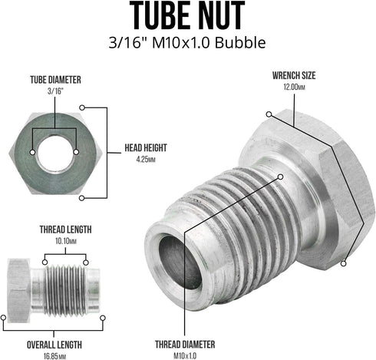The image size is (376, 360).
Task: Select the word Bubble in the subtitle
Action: point(240,42)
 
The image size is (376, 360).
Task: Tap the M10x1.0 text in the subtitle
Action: point(181,43)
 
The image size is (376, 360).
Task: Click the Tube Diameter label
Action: point(55,80)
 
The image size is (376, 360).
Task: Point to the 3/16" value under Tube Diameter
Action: point(55,91)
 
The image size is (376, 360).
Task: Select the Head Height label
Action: point(146,148)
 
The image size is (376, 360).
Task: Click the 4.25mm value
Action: point(146,160)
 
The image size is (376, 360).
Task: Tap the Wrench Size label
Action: point(294,75)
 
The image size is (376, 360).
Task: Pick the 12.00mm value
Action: point(294,87)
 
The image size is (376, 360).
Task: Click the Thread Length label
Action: point(65,230)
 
